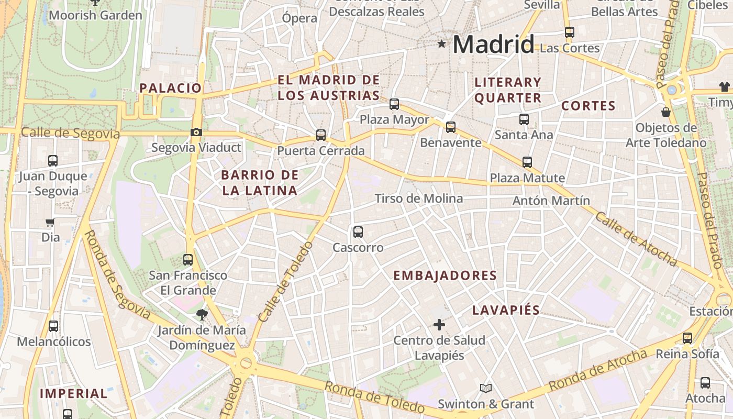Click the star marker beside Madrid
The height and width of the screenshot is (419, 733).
442,44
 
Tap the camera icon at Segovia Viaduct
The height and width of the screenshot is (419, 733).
196,132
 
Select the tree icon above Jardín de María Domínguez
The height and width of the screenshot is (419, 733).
202,314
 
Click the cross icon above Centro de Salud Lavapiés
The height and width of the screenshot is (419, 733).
439,325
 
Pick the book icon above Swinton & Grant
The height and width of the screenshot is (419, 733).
486,388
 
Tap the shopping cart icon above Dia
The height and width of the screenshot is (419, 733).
50,222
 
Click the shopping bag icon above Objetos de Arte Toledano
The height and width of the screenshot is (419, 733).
666,112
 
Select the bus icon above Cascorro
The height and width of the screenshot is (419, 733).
358,231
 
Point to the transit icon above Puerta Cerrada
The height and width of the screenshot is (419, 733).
321,135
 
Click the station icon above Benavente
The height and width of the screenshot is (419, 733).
451,127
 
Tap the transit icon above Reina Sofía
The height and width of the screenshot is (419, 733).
687,338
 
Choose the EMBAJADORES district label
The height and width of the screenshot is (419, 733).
445,275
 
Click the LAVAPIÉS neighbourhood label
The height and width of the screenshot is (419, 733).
506,310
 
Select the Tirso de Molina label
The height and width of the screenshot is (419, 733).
419,199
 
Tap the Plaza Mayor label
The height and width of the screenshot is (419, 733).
394,119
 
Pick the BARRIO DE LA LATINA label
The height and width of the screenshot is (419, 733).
260,183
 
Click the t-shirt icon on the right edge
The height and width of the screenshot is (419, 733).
725,87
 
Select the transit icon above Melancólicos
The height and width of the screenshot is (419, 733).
53,326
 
